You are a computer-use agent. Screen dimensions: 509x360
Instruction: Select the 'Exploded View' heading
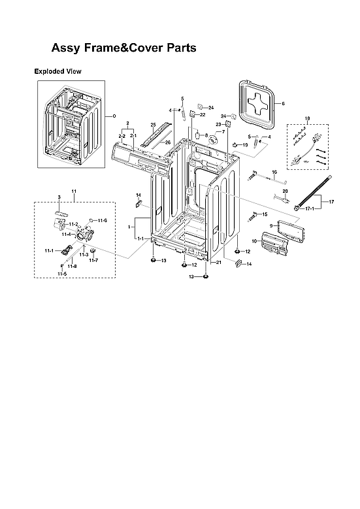pyautogui.click(x=57, y=71)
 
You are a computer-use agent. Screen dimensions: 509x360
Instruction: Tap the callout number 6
pyautogui.click(x=284, y=104)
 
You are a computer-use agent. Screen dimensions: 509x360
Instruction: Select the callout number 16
pyautogui.click(x=274, y=172)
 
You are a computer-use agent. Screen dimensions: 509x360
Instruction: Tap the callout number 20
pyautogui.click(x=285, y=190)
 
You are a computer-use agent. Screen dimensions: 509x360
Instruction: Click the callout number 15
pyautogui.click(x=265, y=214)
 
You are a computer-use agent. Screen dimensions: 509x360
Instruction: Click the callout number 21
pyautogui.click(x=219, y=262)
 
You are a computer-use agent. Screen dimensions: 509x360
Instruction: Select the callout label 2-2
pyautogui.click(x=122, y=135)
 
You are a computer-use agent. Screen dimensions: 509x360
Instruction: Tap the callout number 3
pyautogui.click(x=59, y=197)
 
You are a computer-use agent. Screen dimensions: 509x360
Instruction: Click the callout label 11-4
pyautogui.click(x=67, y=234)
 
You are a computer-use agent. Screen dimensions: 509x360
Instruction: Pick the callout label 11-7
pyautogui.click(x=94, y=260)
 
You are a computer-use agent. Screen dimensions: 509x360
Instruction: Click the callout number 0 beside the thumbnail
pyautogui.click(x=114, y=116)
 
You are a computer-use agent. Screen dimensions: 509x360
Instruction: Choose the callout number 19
pyautogui.click(x=245, y=144)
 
